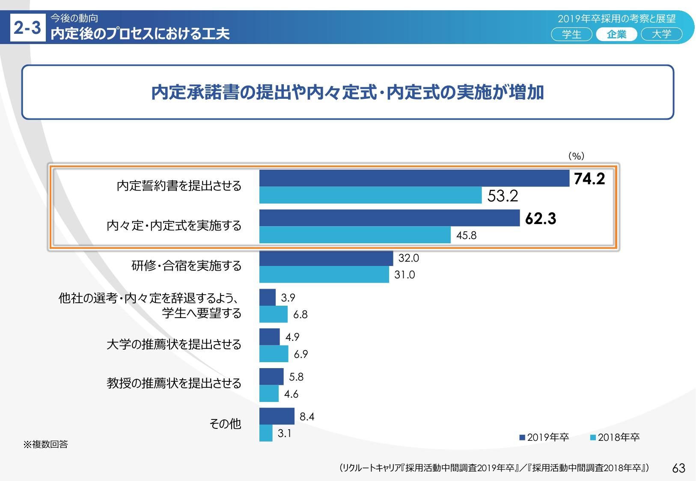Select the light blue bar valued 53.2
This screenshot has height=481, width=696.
click(370, 195)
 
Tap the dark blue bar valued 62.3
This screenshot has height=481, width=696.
click(389, 218)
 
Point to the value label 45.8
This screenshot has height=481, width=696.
click(466, 236)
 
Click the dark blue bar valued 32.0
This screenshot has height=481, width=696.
click(326, 259)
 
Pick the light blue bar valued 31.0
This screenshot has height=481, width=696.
click(324, 274)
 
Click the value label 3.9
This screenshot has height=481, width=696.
click(288, 298)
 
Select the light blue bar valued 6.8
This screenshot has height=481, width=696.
click(273, 314)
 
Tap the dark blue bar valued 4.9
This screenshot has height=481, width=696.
click(269, 337)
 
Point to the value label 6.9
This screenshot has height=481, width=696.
click(300, 354)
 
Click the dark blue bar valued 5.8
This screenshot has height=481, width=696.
click(271, 377)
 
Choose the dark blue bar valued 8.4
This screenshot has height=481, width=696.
click(277, 416)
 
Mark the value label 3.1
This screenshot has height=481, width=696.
click(284, 434)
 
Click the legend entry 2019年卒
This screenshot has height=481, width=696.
click(544, 437)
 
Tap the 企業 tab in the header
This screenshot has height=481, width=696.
click(616, 34)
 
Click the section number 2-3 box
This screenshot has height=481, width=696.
click(27, 29)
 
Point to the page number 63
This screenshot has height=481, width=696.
click(679, 468)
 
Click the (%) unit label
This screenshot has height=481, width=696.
click(576, 156)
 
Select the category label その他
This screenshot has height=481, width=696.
click(225, 424)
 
